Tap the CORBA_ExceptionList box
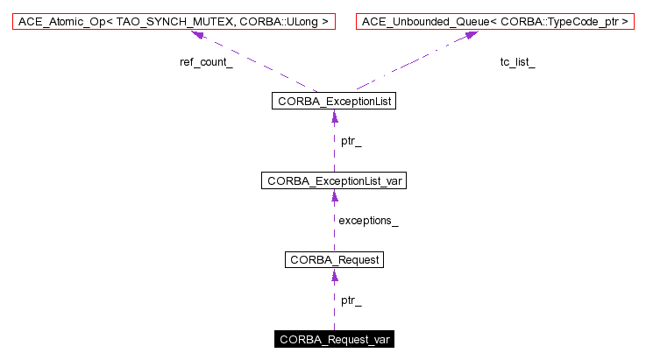[334, 102]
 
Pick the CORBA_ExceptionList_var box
[334, 181]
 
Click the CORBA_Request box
[334, 260]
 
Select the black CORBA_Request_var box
[334, 339]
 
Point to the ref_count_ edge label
[205, 63]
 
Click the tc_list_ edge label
[517, 63]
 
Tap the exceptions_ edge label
[368, 221]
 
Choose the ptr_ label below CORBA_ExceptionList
[351, 141]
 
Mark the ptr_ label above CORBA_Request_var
[351, 300]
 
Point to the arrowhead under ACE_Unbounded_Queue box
[471, 34]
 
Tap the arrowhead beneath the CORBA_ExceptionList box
[334, 117]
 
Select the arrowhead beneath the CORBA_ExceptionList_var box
[334, 196]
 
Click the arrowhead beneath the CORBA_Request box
[334, 275]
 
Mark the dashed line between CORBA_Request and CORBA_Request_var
[334, 307]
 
